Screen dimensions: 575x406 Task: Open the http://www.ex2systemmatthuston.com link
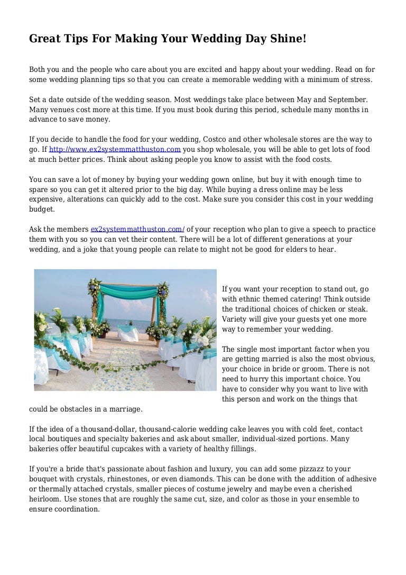point(115,149)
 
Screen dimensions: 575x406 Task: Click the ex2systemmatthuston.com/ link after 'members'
point(137,229)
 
